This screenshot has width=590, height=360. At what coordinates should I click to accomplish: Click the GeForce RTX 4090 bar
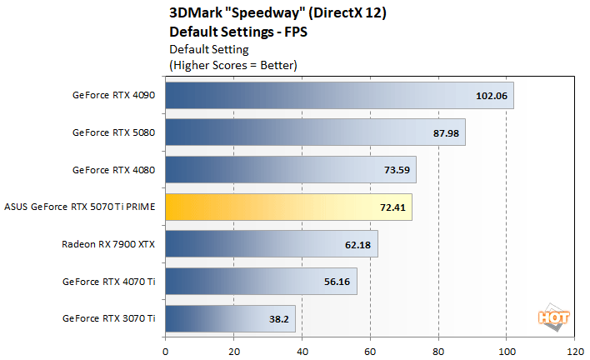tap(339, 95)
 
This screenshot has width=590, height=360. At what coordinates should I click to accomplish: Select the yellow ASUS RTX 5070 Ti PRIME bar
tap(288, 207)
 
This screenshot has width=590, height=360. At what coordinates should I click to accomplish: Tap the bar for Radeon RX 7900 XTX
tap(271, 244)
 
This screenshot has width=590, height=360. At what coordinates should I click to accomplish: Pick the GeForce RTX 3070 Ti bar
tap(230, 318)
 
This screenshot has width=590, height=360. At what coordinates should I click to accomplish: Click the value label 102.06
tap(491, 95)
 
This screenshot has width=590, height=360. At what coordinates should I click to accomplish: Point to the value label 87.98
tap(443, 132)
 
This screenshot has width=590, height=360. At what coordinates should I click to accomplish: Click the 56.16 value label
tap(338, 282)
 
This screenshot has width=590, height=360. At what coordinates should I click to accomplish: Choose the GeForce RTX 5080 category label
tap(113, 132)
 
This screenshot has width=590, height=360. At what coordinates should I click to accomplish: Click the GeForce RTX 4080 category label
tap(113, 169)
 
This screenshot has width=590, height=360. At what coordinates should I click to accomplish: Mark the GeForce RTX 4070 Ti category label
tap(108, 281)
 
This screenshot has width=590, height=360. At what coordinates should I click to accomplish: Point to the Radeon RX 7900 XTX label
tap(108, 244)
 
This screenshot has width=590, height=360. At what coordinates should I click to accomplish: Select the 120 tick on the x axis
tap(573, 350)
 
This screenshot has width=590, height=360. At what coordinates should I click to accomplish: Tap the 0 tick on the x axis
tap(166, 350)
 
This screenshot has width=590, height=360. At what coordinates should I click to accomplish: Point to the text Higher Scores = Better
tap(233, 64)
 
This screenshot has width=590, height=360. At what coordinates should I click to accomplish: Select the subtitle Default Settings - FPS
tap(233, 32)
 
